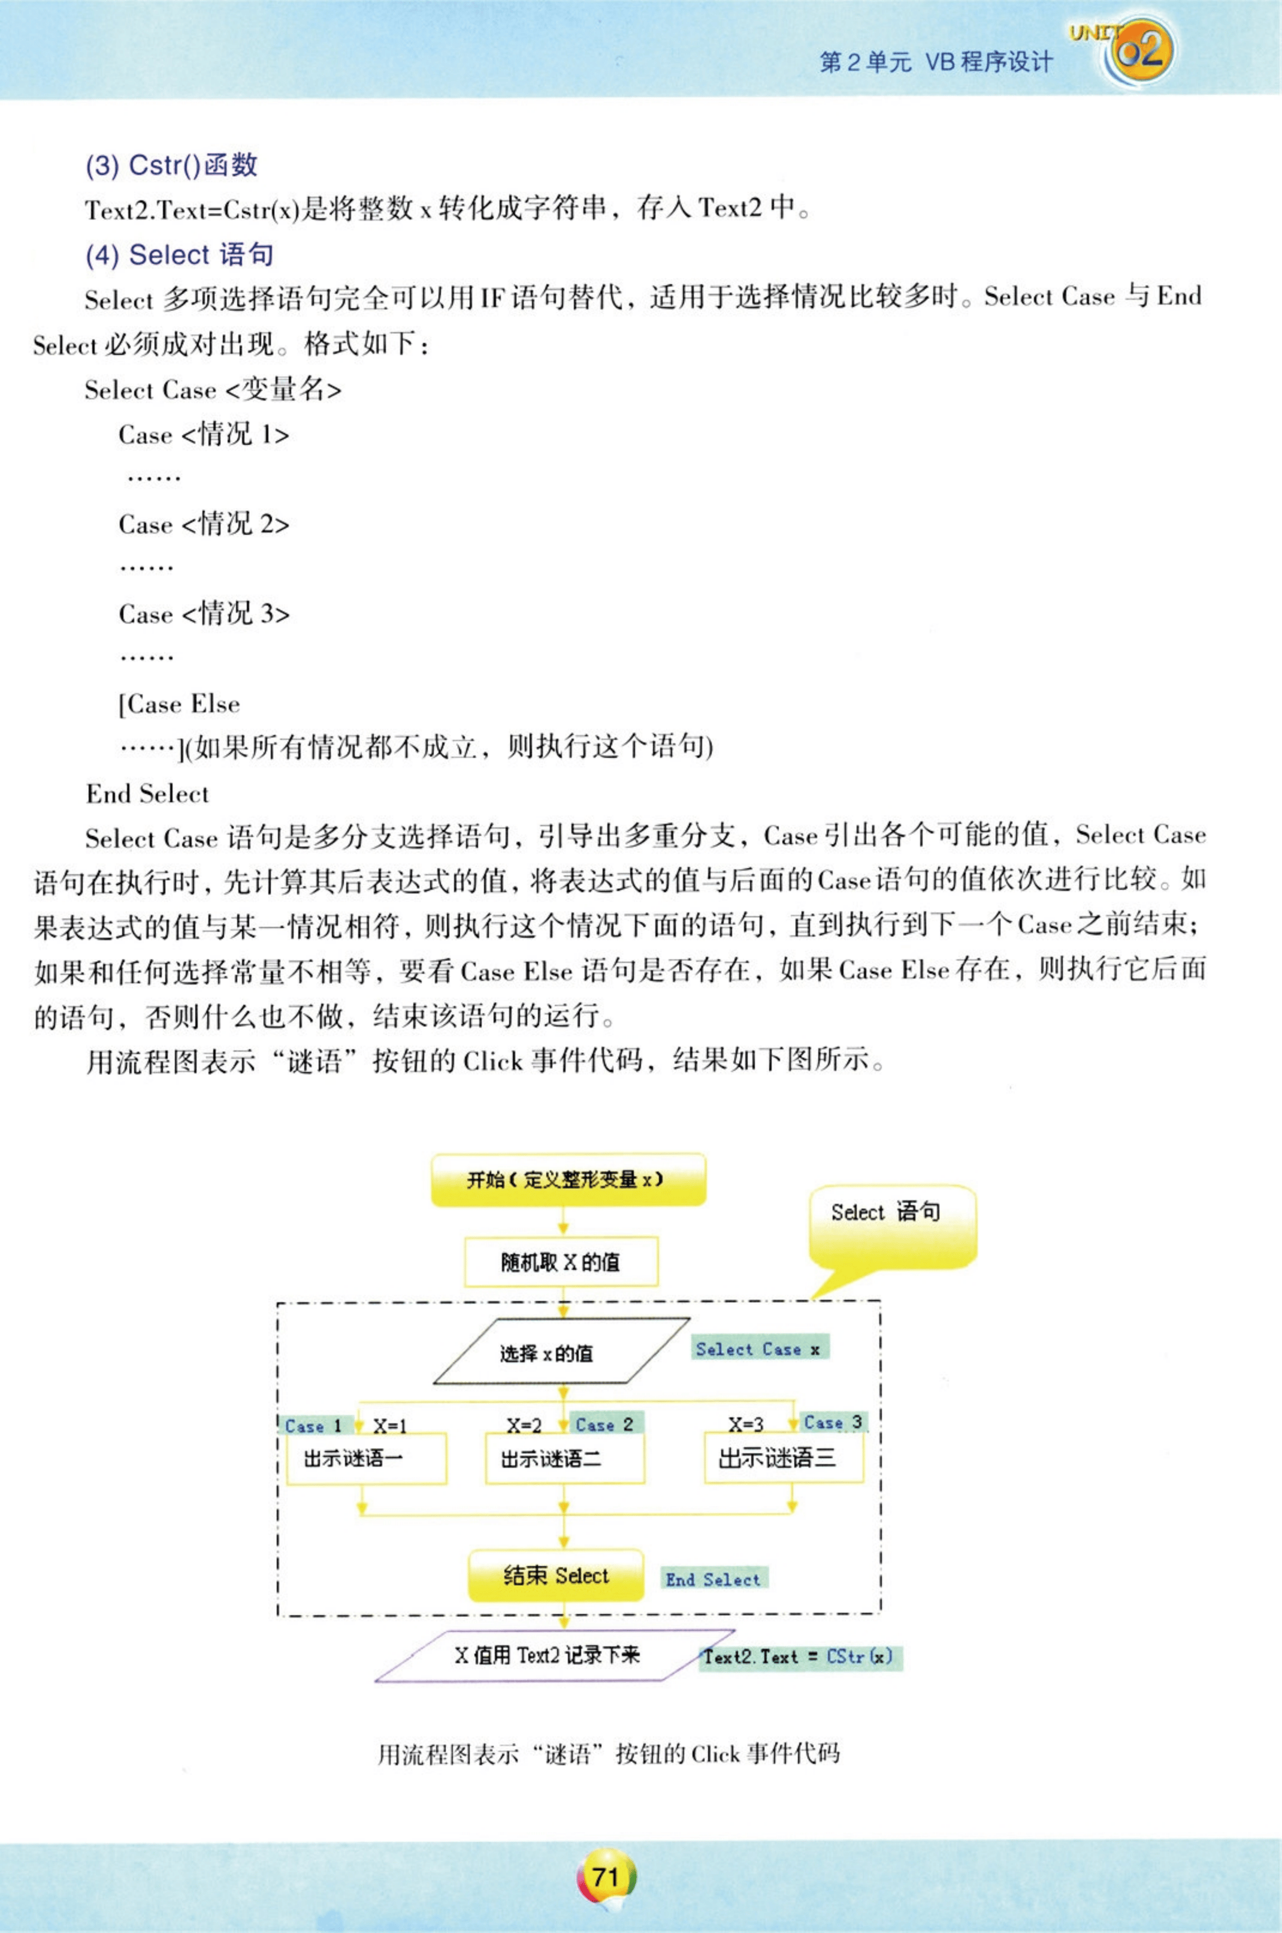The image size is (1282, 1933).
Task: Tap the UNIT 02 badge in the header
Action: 1136,51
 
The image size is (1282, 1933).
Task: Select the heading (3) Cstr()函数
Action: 172,165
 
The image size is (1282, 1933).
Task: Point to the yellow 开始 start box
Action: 567,1179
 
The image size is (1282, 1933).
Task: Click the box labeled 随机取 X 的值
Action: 561,1262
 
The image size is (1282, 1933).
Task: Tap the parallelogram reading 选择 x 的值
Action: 561,1353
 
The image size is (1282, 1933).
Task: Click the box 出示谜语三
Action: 783,1458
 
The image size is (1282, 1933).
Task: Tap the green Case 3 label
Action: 832,1423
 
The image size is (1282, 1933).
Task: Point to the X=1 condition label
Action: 390,1426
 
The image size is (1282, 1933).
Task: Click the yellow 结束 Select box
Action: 556,1576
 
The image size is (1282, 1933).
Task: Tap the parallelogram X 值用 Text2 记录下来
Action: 546,1655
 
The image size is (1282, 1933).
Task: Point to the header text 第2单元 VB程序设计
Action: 936,62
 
